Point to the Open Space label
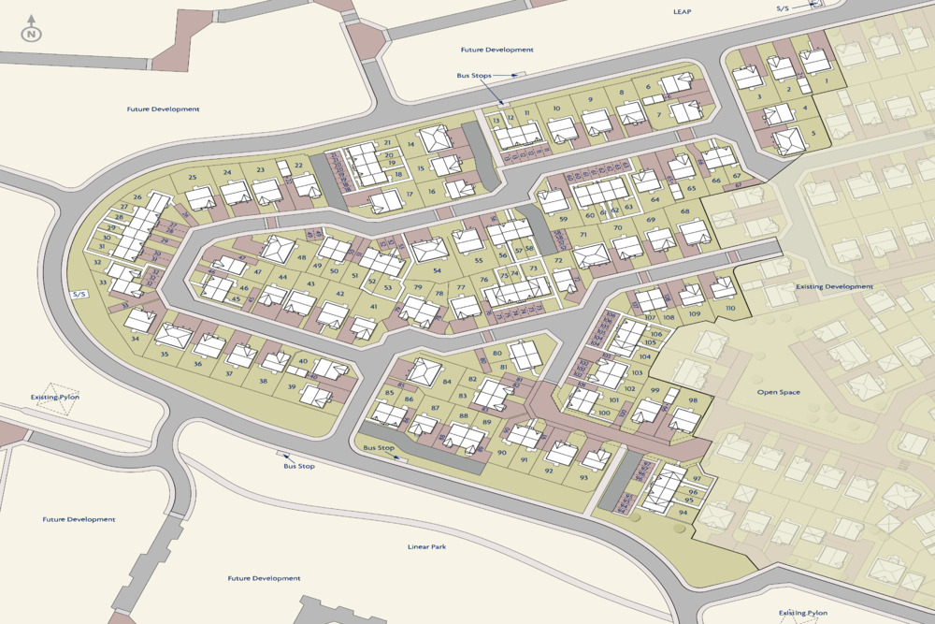coord(778,392)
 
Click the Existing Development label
coord(834,286)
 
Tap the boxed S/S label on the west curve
coord(79,294)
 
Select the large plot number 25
coord(193,178)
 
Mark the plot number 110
coord(730,309)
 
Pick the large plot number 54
coord(437,270)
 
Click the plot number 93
coord(583,478)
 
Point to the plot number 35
coord(165,355)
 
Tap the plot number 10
coord(556,109)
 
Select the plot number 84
coord(447,382)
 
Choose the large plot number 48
coord(301,257)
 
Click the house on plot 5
coord(789,140)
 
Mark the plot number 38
coord(263,382)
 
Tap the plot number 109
coord(695,314)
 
